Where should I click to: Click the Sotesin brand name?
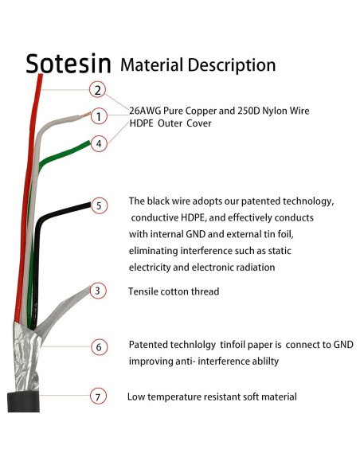(x=68, y=64)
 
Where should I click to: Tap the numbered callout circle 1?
(x=98, y=116)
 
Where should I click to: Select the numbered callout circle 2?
(x=97, y=90)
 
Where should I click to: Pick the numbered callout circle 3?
(x=97, y=291)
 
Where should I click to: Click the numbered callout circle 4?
(x=98, y=144)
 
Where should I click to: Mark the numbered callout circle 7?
(x=97, y=396)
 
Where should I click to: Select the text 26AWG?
(x=147, y=110)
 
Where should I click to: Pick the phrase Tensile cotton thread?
(x=174, y=291)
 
